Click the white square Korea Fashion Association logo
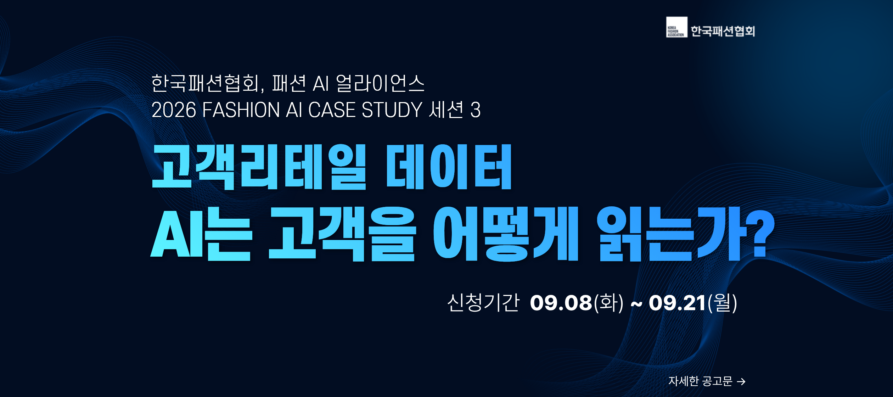click(x=676, y=27)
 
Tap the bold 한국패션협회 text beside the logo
click(x=723, y=31)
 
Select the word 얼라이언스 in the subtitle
click(x=380, y=84)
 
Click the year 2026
click(x=174, y=110)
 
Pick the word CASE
click(x=332, y=110)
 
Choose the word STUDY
click(x=392, y=110)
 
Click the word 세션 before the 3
click(x=446, y=110)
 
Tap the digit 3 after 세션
click(x=476, y=110)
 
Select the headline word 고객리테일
click(x=259, y=167)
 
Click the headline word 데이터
click(x=449, y=167)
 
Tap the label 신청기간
click(x=483, y=303)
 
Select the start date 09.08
click(x=561, y=303)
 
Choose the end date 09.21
click(x=677, y=303)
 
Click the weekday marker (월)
click(x=722, y=303)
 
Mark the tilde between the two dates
click(x=636, y=304)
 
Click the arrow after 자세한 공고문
click(x=741, y=381)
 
